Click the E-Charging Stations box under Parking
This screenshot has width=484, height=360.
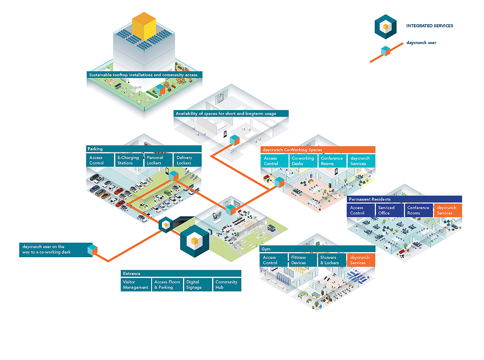click(129, 160)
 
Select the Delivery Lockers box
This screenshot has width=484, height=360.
click(188, 160)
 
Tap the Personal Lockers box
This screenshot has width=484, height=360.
click(159, 160)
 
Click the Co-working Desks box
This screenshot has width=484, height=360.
click(303, 161)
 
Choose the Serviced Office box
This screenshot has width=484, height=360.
click(390, 210)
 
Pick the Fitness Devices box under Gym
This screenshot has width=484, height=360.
click(302, 260)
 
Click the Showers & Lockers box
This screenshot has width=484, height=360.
click(332, 260)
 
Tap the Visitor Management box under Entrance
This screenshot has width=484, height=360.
click(136, 285)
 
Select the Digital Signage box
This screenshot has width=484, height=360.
click(198, 285)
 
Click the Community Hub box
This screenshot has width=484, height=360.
click(227, 285)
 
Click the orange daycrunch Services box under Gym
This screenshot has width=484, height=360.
click(361, 260)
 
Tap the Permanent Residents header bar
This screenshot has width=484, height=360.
click(405, 199)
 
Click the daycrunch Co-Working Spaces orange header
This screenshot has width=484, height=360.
click(318, 150)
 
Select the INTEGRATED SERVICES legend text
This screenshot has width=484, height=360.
click(430, 26)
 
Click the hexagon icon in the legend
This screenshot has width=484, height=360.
click(386, 27)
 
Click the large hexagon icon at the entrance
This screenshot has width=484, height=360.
click(195, 241)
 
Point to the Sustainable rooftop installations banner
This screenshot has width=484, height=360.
click(144, 75)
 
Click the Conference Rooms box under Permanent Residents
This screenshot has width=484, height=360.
click(419, 210)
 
